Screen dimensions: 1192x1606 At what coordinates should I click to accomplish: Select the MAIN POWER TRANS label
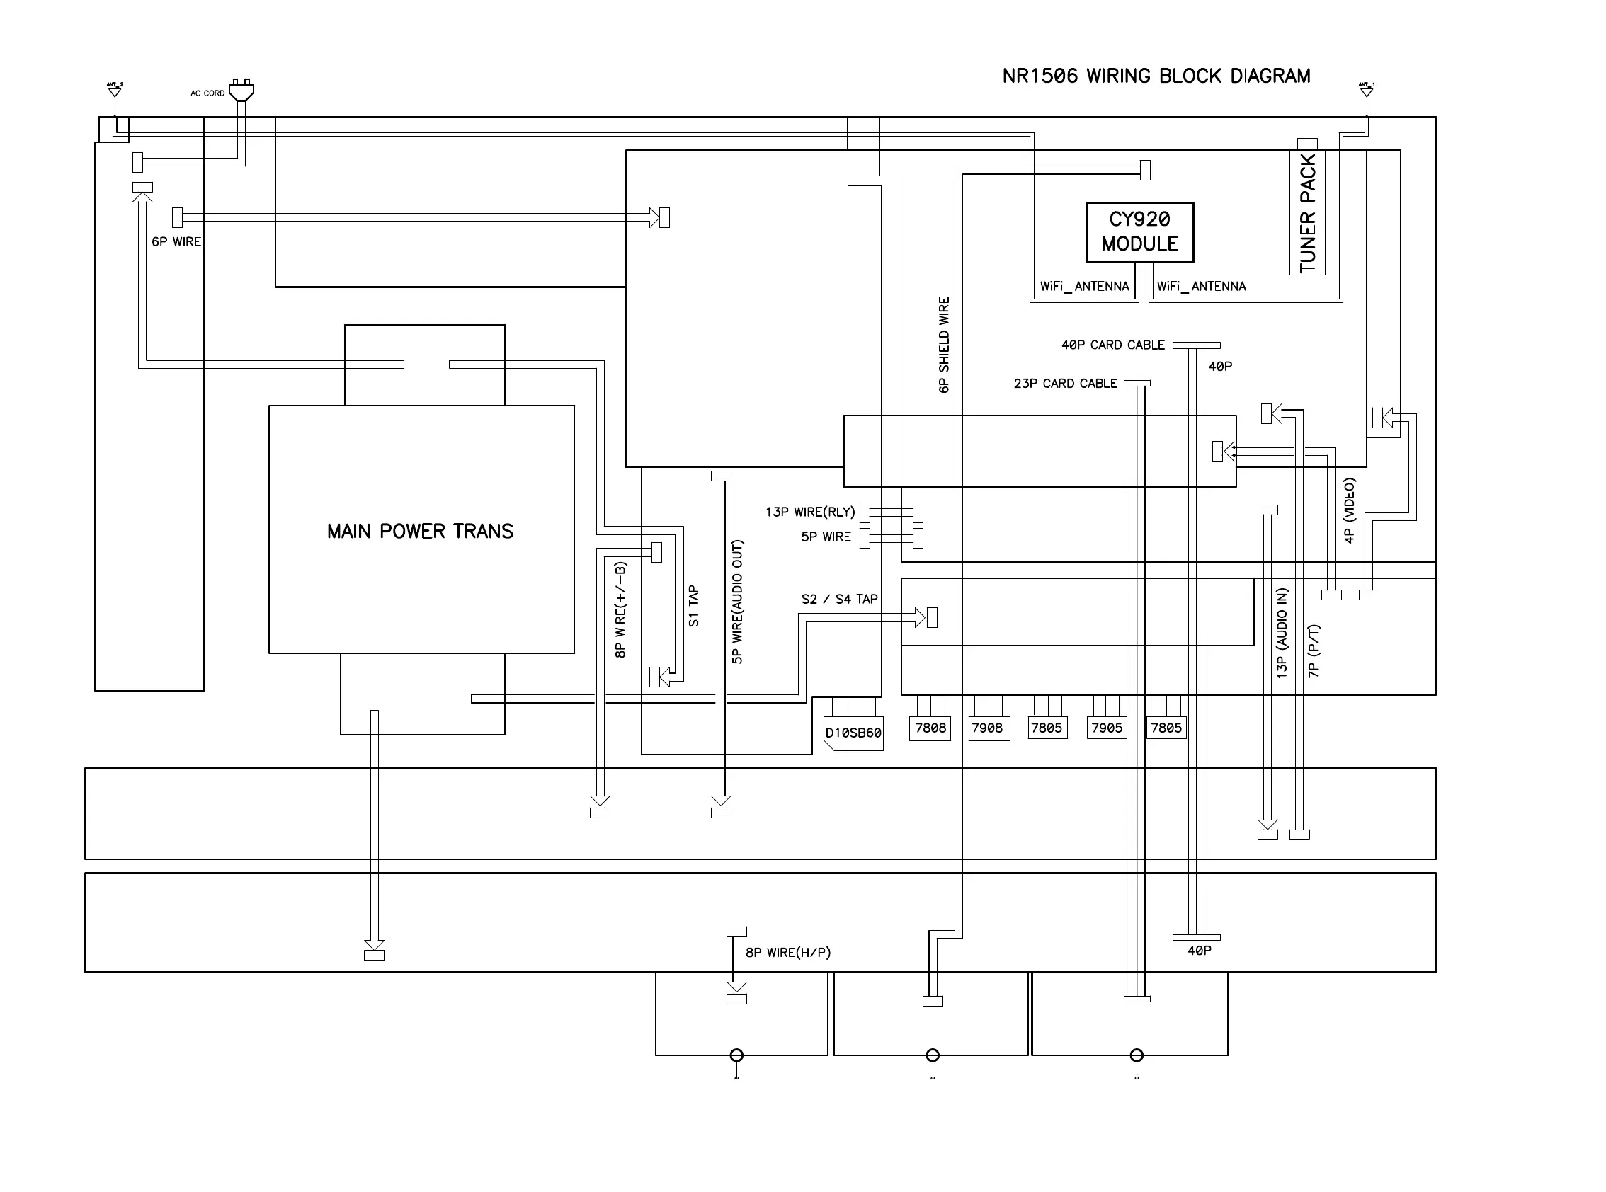click(x=420, y=532)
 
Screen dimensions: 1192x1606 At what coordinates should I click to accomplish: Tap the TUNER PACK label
click(x=1307, y=214)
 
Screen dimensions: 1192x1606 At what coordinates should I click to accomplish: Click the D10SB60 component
click(x=853, y=733)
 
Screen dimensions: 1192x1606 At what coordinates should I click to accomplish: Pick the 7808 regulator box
click(x=930, y=728)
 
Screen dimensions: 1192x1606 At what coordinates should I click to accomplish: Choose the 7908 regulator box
click(x=986, y=728)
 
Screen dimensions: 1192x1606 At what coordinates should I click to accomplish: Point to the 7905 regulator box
click(x=1107, y=728)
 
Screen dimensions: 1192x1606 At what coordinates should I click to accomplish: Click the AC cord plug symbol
click(x=241, y=90)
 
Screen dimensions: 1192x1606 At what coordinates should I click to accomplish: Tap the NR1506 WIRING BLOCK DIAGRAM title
click(x=1156, y=76)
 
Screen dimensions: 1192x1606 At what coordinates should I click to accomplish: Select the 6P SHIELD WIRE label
click(x=944, y=345)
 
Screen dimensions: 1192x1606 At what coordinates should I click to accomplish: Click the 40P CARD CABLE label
click(x=1112, y=345)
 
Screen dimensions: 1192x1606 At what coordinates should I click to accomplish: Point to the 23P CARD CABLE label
click(x=1065, y=383)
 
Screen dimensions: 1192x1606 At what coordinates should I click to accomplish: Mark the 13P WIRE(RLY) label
click(x=810, y=512)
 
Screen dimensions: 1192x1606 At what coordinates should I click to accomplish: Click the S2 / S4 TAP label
click(x=839, y=599)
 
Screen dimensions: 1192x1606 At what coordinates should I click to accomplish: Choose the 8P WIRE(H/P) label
click(x=787, y=953)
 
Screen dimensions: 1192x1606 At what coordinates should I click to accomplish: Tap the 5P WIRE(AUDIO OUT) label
click(x=737, y=602)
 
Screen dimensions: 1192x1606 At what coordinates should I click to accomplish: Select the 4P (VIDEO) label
click(x=1349, y=510)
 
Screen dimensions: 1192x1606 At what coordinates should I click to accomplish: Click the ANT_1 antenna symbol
click(x=1366, y=90)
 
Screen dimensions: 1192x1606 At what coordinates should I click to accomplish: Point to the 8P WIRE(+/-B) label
click(x=620, y=609)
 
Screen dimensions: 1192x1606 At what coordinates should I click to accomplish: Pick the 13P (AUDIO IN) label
click(x=1282, y=633)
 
